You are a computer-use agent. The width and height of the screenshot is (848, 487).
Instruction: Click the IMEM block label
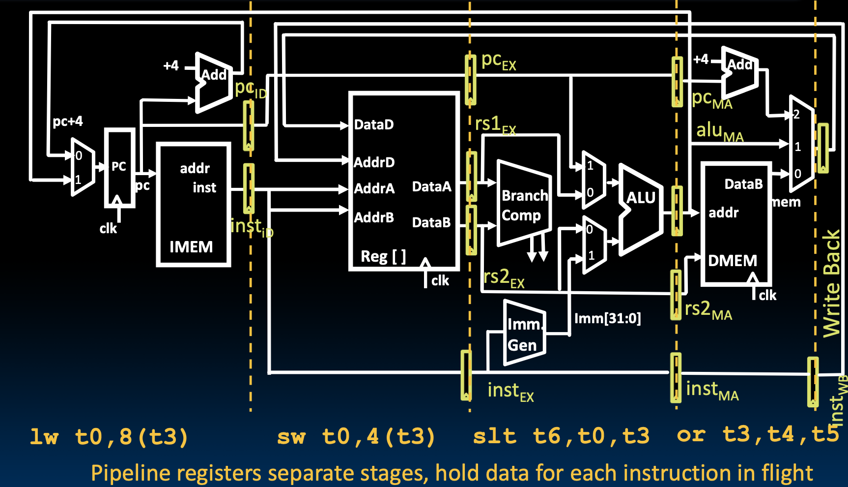191,247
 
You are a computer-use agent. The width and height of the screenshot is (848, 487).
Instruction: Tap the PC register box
119,168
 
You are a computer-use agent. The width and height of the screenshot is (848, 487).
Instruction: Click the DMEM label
732,261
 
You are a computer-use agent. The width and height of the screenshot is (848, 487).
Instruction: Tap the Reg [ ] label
383,256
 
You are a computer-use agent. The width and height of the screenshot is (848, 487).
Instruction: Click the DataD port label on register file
374,125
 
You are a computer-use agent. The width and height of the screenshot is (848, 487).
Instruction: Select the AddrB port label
374,217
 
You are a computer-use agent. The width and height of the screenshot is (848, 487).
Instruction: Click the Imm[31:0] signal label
607,319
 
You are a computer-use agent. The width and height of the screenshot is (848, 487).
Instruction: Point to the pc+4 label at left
68,121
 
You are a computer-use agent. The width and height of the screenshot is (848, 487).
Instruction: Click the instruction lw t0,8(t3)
109,437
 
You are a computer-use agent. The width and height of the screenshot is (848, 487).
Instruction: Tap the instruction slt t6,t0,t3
561,436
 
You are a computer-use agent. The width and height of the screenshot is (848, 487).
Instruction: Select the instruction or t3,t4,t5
757,435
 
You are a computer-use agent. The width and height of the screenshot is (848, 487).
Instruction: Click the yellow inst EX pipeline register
466,375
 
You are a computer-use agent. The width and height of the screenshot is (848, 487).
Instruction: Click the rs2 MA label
708,310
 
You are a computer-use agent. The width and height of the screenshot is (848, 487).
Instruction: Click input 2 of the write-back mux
796,115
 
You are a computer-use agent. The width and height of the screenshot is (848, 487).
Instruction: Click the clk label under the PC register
108,229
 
